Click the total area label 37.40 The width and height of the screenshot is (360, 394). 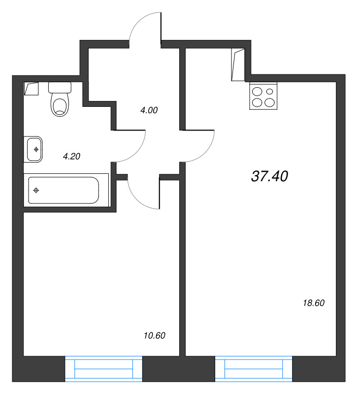(x=269, y=176)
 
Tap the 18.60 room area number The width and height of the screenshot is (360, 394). (x=314, y=303)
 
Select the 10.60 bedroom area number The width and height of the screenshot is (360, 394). (x=154, y=336)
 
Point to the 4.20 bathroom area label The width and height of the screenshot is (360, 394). (x=71, y=156)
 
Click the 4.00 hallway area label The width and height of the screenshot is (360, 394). (x=149, y=111)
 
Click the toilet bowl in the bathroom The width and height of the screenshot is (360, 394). (x=60, y=105)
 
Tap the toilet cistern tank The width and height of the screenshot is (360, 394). (x=60, y=88)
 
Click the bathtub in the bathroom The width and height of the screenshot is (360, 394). (x=64, y=190)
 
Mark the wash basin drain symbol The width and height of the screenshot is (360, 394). (x=36, y=147)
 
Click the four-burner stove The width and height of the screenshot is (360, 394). (x=263, y=97)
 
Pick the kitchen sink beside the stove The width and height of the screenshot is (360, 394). (x=238, y=65)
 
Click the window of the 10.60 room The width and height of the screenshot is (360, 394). (x=103, y=368)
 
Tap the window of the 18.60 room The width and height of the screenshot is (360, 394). (x=254, y=368)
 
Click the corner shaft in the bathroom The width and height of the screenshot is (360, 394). (x=31, y=89)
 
